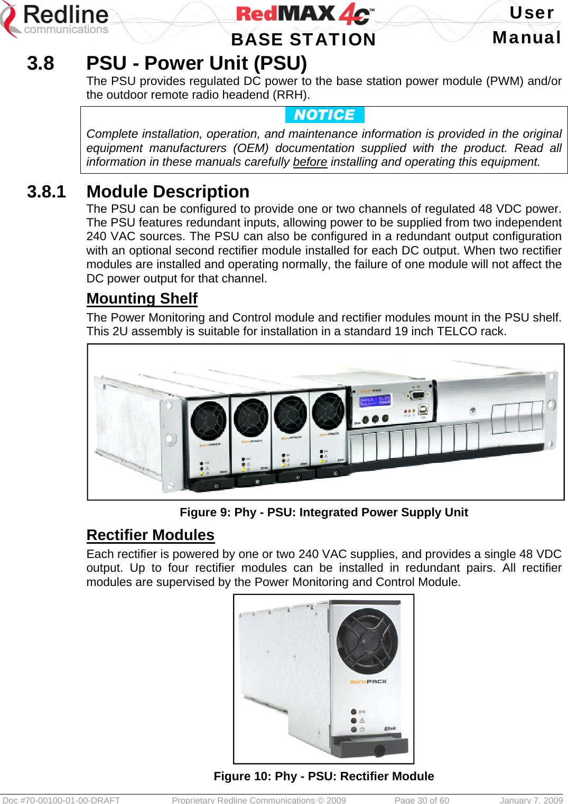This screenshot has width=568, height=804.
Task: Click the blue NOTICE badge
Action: [x=324, y=115]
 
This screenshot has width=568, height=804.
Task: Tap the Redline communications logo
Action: [x=55, y=20]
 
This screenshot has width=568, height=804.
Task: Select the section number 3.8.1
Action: [x=46, y=192]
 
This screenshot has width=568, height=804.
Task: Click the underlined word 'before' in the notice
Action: [x=310, y=162]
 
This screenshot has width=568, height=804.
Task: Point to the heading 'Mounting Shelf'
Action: [x=142, y=299]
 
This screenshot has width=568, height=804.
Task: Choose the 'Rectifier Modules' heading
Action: [x=150, y=535]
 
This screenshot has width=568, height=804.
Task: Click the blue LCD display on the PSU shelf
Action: [x=375, y=401]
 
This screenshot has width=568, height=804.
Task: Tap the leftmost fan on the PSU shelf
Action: [x=208, y=420]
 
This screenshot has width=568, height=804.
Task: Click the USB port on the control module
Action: [x=423, y=409]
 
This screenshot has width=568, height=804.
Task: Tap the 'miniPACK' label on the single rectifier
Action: [x=368, y=682]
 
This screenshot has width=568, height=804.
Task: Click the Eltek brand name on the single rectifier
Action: [x=390, y=729]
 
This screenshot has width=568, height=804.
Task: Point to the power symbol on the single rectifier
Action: [x=362, y=729]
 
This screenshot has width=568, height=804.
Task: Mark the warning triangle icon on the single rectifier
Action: [x=362, y=720]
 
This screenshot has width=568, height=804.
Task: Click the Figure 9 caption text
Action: [x=324, y=513]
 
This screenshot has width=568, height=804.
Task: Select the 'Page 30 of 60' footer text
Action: [x=422, y=800]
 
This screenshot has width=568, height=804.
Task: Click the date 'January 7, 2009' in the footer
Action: [x=530, y=800]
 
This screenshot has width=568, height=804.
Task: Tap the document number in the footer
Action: [x=61, y=800]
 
